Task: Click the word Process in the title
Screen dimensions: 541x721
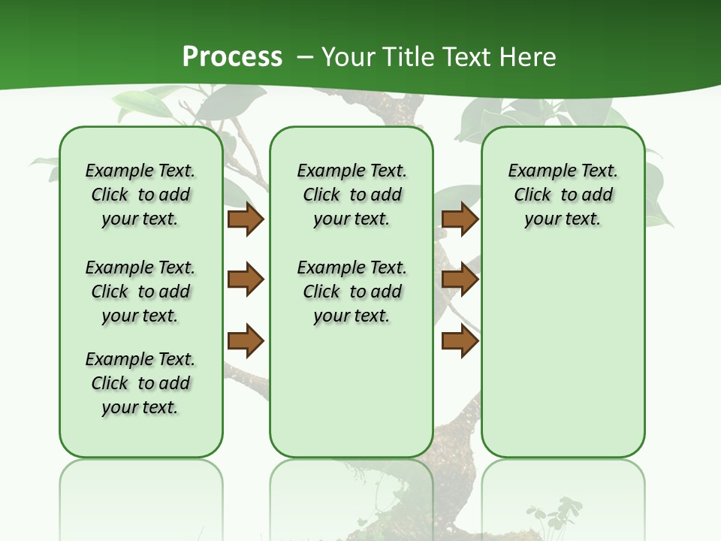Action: point(232,56)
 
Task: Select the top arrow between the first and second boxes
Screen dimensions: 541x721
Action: point(246,219)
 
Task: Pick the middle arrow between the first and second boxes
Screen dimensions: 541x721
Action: point(246,280)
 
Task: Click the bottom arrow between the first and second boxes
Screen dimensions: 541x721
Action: point(246,341)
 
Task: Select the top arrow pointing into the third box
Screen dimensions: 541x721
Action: point(460,219)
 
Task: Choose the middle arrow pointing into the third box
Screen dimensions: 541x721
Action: point(460,280)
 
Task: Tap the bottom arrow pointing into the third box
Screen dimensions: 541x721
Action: point(460,341)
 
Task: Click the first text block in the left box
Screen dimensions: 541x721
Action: point(140,195)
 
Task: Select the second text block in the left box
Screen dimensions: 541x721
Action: point(140,292)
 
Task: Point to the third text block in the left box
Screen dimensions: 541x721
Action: point(140,383)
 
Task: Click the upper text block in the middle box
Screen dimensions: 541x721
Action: point(351,195)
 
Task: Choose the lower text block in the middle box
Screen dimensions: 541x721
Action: point(351,292)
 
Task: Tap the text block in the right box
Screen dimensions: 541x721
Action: point(563,195)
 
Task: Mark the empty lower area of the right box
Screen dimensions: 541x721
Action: point(563,353)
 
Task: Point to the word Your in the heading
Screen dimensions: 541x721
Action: point(347,57)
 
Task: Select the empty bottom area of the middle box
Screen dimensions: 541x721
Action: point(351,398)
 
